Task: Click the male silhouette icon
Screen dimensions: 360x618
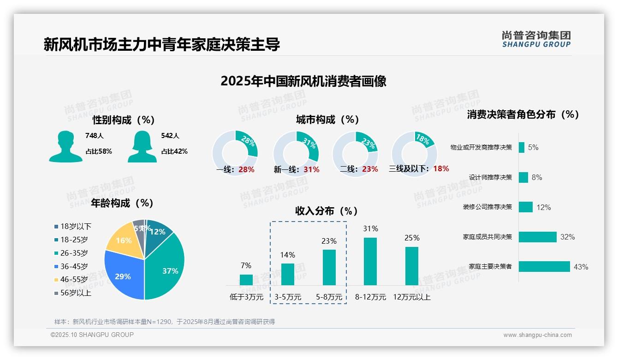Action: pyautogui.click(x=65, y=146)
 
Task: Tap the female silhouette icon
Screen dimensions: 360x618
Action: pyautogui.click(x=142, y=146)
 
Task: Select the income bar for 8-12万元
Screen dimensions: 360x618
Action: pyautogui.click(x=370, y=261)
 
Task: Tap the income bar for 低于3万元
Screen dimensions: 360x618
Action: pyautogui.click(x=246, y=280)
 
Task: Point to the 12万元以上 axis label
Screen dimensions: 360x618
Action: pyautogui.click(x=411, y=297)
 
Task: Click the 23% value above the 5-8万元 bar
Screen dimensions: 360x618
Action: pyautogui.click(x=329, y=241)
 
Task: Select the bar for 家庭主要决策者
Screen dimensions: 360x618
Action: pyautogui.click(x=544, y=266)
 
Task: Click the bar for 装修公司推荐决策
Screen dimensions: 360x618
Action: pyautogui.click(x=526, y=207)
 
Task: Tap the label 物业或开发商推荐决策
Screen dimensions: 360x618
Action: pyautogui.click(x=481, y=148)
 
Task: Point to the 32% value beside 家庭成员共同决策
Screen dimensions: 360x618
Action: pyautogui.click(x=567, y=237)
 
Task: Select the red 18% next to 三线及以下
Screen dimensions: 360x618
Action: pyautogui.click(x=441, y=168)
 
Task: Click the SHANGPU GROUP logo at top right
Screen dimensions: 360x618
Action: pyautogui.click(x=536, y=39)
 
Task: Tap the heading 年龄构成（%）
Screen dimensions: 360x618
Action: pyautogui.click(x=122, y=203)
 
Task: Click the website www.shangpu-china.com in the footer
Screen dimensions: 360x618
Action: pyautogui.click(x=537, y=335)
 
